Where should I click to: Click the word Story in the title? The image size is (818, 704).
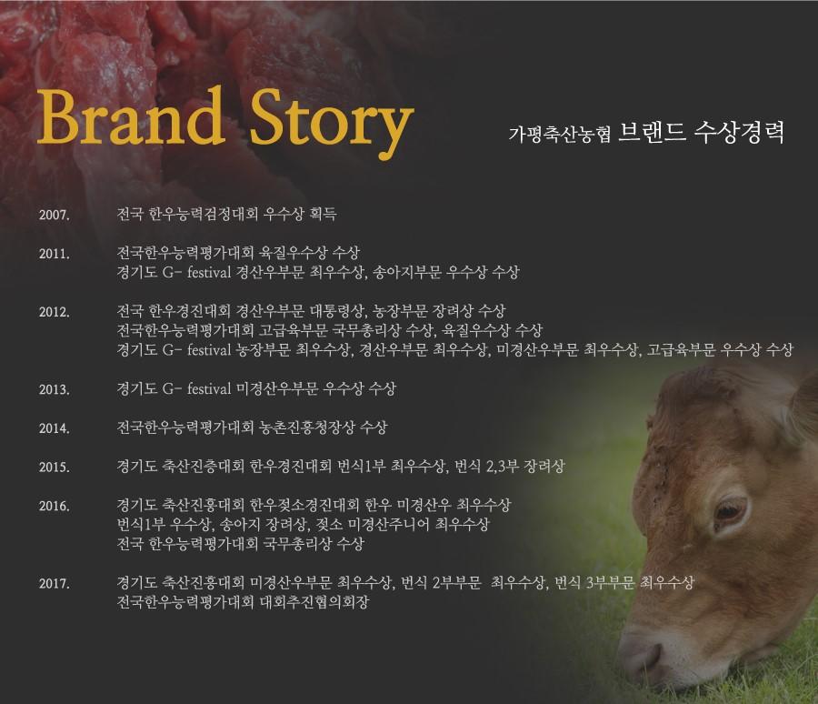click(332, 123)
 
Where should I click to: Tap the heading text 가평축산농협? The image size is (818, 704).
click(560, 135)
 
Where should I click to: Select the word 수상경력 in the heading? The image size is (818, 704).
click(739, 133)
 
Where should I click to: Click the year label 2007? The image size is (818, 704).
click(55, 215)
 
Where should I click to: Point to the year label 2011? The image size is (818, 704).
click(55, 254)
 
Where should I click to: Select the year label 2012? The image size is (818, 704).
click(55, 312)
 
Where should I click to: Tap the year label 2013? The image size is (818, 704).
click(55, 389)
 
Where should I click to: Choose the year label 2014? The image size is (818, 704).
click(55, 428)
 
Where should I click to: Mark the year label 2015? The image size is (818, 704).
click(55, 467)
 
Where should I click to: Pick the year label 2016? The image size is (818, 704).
click(55, 506)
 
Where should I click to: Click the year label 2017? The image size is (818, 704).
click(55, 583)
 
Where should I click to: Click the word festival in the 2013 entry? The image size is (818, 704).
click(209, 388)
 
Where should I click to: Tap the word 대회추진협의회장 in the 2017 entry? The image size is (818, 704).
click(314, 602)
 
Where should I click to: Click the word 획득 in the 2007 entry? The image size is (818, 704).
click(323, 214)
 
